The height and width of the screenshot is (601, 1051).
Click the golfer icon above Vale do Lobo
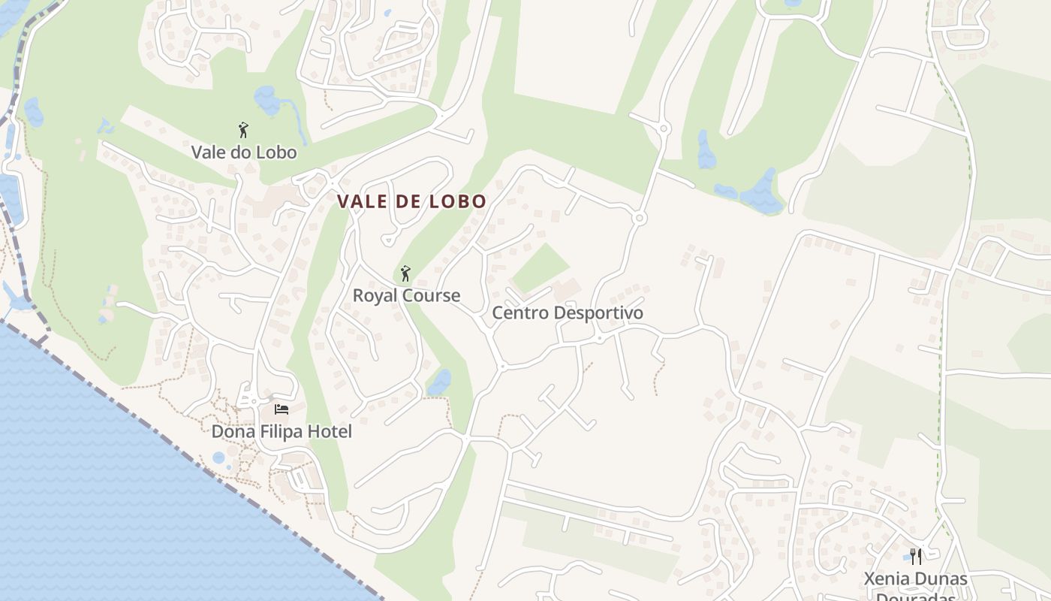tap(242, 130)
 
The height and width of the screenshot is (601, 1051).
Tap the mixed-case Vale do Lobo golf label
tap(244, 153)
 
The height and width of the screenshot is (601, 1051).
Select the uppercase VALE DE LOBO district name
tap(412, 201)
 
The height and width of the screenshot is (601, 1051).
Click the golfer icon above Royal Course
tap(405, 273)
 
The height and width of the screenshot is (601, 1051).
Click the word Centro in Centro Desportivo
tap(518, 313)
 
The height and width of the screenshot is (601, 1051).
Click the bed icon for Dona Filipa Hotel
tap(282, 409)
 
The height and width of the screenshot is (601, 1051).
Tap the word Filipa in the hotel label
tap(280, 432)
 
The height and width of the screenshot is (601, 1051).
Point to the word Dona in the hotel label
tap(233, 432)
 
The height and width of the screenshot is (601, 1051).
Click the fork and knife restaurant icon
tap(916, 557)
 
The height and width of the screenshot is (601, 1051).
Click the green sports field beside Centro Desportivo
tap(541, 267)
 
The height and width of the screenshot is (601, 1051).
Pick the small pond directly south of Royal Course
tap(439, 382)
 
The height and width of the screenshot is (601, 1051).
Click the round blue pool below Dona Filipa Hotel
tap(218, 458)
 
